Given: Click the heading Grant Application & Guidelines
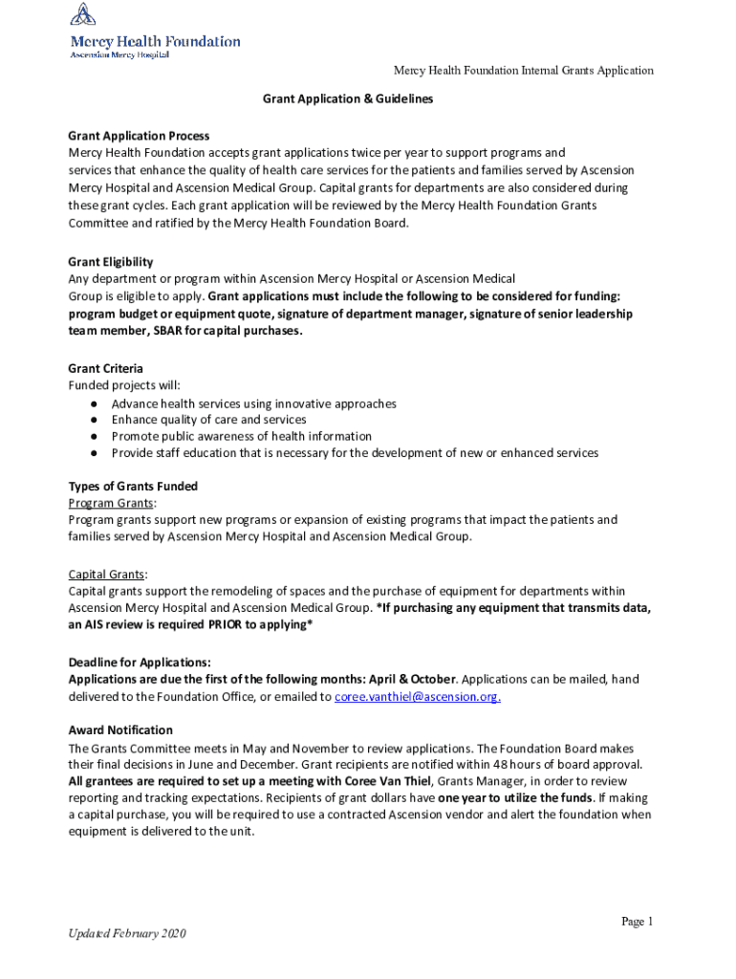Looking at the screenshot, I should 349,99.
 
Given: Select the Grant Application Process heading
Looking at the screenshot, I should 139,136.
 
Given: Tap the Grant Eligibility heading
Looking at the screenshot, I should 111,262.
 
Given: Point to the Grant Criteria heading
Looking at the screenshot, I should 106,368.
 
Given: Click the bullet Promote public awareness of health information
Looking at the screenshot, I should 241,436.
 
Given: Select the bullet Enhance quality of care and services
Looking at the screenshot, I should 208,420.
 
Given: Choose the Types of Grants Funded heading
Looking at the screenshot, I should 133,487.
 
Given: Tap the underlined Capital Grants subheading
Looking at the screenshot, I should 107,575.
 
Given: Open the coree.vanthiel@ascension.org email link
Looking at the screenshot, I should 418,696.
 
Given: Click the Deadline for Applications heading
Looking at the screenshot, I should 140,663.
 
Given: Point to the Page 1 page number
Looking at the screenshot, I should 637,922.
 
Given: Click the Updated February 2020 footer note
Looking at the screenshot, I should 127,933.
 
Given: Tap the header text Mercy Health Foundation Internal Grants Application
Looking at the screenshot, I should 524,71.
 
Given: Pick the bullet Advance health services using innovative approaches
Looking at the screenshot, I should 253,403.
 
